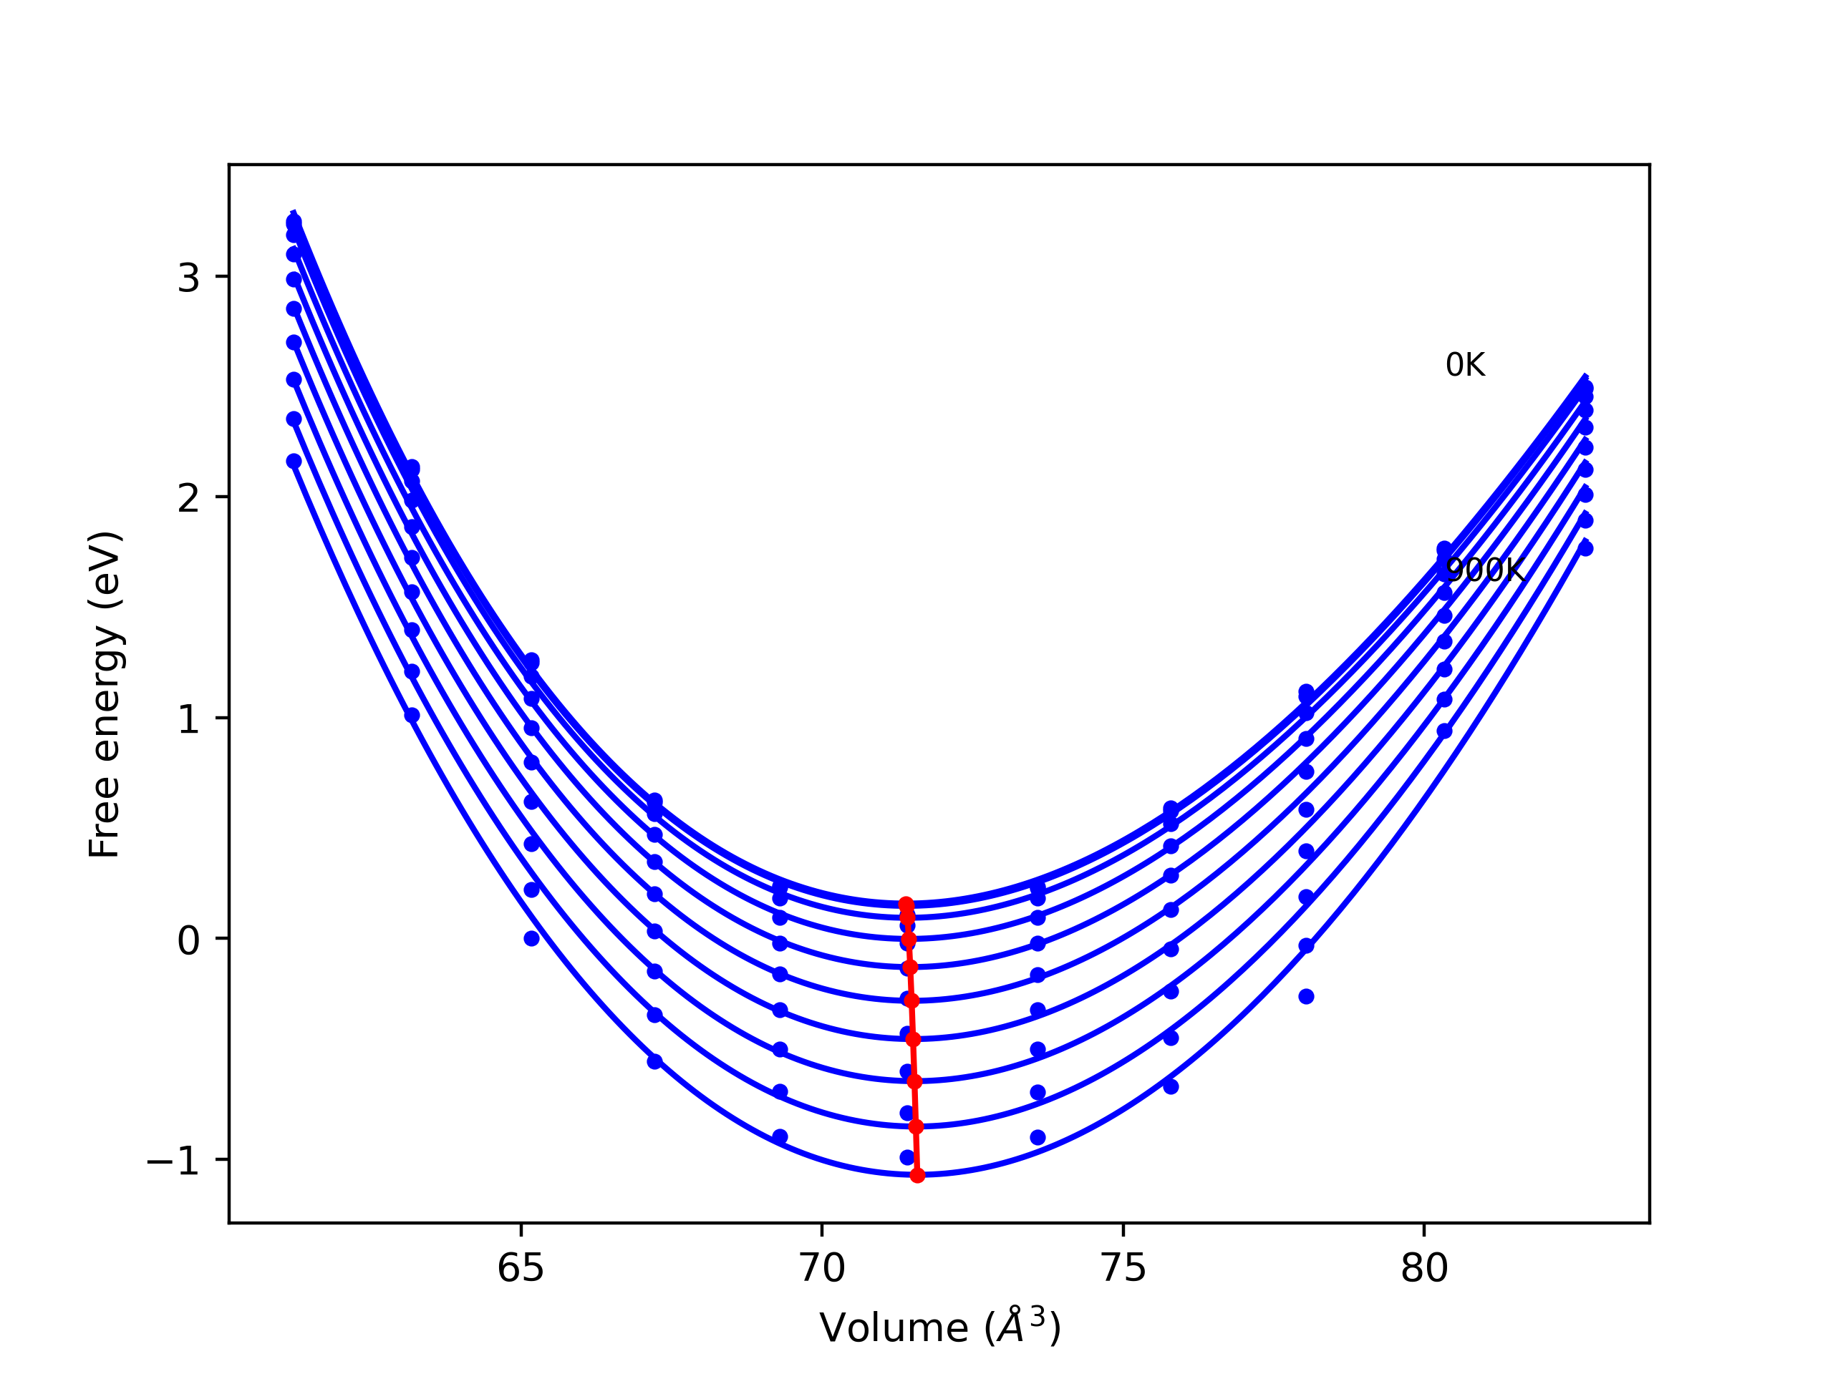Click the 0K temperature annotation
click(x=1465, y=365)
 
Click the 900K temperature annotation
click(x=1484, y=570)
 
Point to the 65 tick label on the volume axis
click(x=521, y=1268)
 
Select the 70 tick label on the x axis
click(x=822, y=1268)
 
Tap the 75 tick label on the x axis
click(x=1123, y=1268)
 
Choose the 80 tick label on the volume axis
click(x=1424, y=1268)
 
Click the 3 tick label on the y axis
click(x=188, y=278)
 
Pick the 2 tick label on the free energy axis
click(x=188, y=498)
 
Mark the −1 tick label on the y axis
click(x=173, y=1160)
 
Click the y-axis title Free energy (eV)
click(x=105, y=694)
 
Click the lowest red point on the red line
click(x=917, y=1175)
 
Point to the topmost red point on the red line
click(x=906, y=904)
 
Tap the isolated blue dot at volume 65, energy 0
click(x=532, y=938)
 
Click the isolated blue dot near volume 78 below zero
click(x=1307, y=996)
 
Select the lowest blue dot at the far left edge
click(x=294, y=462)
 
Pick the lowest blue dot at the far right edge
click(x=1586, y=548)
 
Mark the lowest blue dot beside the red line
click(x=907, y=1157)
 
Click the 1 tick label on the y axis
click(x=188, y=719)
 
